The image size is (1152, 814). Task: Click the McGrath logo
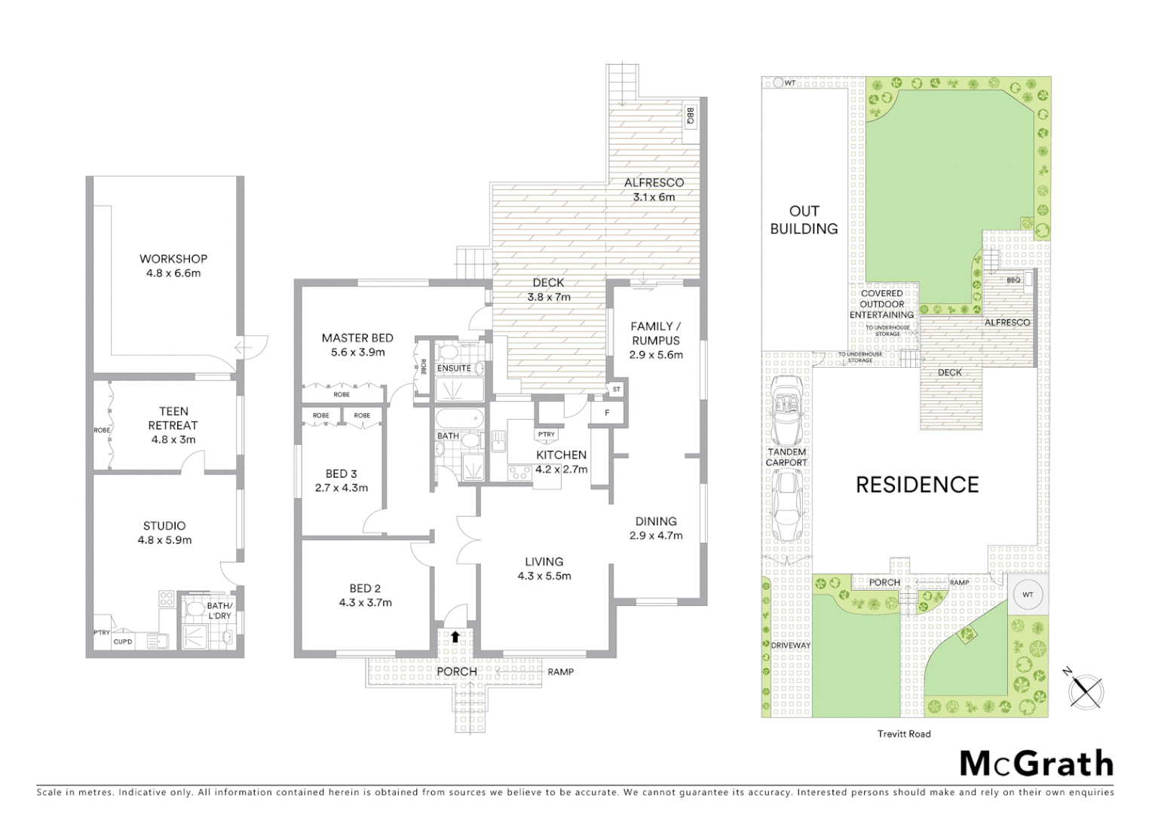(1037, 764)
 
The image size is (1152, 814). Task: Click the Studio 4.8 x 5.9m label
(164, 533)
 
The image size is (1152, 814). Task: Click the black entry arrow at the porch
(455, 637)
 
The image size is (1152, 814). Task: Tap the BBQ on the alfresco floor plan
(690, 117)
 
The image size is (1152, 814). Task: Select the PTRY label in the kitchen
(547, 434)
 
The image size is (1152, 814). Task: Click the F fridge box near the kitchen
(607, 413)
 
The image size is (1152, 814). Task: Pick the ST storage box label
(617, 390)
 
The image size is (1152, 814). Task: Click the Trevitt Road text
(904, 733)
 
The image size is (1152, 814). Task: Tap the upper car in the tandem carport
(787, 412)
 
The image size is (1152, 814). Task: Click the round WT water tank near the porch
(1028, 595)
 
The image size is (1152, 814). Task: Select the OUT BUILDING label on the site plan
(804, 220)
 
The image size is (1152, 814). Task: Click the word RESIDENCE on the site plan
(917, 485)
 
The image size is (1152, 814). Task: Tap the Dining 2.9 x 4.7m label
(656, 528)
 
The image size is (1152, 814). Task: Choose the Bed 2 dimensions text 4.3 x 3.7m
(366, 602)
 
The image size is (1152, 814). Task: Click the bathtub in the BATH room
(459, 418)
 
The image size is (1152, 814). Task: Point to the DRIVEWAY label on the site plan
(790, 645)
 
